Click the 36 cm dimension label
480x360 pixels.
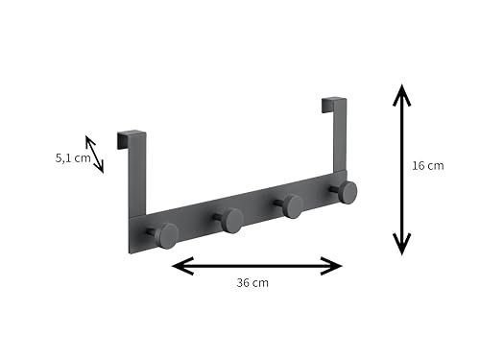(x=252, y=283)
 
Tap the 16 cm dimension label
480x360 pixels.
(x=428, y=166)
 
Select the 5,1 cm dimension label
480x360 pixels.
(x=73, y=158)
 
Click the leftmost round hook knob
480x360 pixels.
(x=166, y=236)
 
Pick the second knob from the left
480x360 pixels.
(x=232, y=220)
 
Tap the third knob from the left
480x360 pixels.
(x=293, y=206)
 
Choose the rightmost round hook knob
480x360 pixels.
(x=348, y=192)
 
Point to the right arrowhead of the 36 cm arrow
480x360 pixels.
(x=331, y=266)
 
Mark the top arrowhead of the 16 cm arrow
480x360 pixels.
(x=402, y=95)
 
